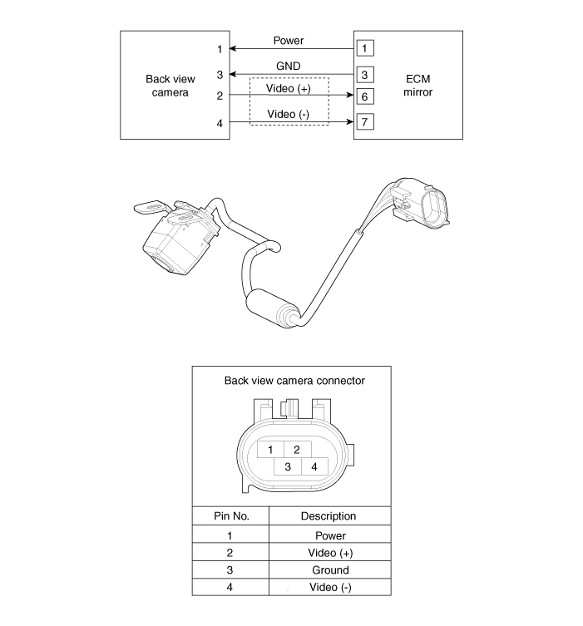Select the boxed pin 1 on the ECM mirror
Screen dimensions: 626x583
pos(364,48)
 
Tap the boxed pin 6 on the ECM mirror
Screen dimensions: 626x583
pos(364,97)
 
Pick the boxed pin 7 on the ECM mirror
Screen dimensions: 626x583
pos(364,122)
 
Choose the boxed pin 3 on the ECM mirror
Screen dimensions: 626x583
pos(364,73)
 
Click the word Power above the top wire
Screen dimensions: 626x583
pos(289,40)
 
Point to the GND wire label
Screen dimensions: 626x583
pos(289,64)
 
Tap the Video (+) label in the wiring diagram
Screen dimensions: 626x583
pos(289,88)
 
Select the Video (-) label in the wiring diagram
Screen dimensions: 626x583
pos(289,114)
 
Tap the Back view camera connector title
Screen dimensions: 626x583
pos(294,381)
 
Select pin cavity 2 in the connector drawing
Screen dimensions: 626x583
pos(296,449)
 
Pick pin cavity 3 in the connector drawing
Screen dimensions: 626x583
pos(287,466)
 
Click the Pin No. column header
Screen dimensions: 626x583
pos(229,516)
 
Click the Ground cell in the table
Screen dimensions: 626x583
pos(330,570)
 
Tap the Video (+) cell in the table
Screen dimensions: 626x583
pos(330,553)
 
